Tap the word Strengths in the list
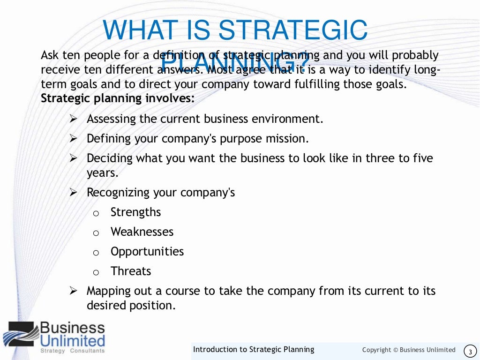click(x=135, y=212)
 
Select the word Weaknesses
click(x=142, y=232)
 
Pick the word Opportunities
click(x=147, y=252)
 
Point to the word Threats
click(x=131, y=271)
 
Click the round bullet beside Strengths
click(x=96, y=214)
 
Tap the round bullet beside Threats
click(x=96, y=273)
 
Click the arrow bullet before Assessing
click(x=73, y=119)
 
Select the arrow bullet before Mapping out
click(x=73, y=291)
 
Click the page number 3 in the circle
click(x=470, y=351)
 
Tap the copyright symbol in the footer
click(x=395, y=350)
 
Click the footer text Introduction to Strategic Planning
click(x=254, y=350)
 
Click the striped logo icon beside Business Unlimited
click(x=20, y=334)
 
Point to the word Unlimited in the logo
click(x=72, y=340)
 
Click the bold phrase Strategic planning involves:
click(x=118, y=99)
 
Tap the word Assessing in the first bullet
click(x=111, y=119)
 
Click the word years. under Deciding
click(x=103, y=172)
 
